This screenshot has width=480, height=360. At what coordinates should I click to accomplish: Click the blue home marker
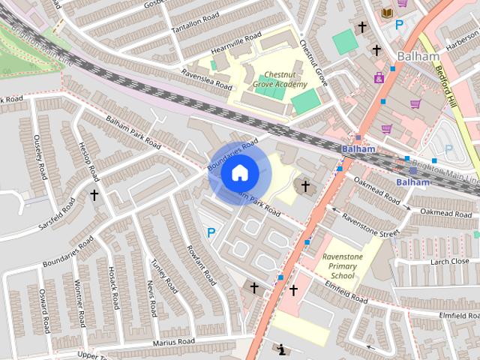pyautogui.click(x=239, y=173)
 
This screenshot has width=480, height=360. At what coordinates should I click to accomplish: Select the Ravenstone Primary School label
pyautogui.click(x=342, y=266)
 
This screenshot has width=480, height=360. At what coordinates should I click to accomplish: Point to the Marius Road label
pyautogui.click(x=174, y=342)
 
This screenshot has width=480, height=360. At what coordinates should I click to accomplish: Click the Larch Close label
pyautogui.click(x=449, y=261)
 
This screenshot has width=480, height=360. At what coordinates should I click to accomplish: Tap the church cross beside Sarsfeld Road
pyautogui.click(x=94, y=195)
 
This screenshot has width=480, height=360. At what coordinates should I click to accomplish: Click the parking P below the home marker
pyautogui.click(x=211, y=233)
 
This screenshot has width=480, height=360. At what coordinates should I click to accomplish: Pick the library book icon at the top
pyautogui.click(x=387, y=13)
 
